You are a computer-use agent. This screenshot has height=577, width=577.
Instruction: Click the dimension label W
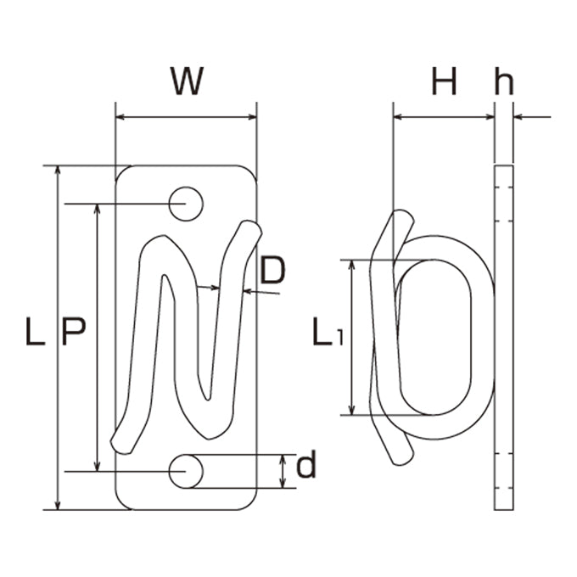click(x=187, y=81)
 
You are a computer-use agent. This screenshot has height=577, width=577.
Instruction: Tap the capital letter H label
click(x=444, y=81)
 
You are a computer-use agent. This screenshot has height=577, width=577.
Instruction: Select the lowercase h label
click(x=504, y=81)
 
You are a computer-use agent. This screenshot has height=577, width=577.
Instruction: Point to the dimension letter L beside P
click(x=36, y=331)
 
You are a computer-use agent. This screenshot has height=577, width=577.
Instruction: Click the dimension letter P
click(x=74, y=331)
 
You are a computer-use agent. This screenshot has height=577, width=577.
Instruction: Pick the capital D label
click(x=272, y=271)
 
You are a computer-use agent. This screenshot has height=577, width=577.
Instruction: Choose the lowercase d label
click(x=305, y=463)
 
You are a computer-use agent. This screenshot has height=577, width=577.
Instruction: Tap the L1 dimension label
click(x=328, y=332)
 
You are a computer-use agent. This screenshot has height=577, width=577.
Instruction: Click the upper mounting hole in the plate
click(x=186, y=204)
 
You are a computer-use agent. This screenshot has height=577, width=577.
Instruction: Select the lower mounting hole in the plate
click(x=186, y=472)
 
